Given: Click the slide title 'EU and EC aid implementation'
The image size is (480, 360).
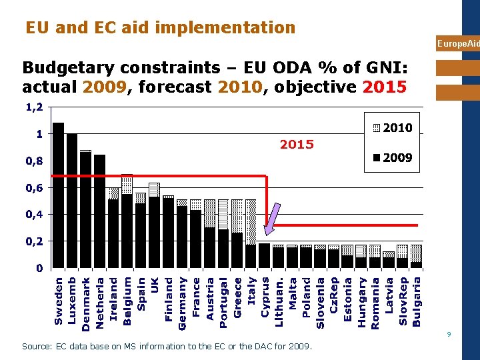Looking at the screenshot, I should [x=160, y=27].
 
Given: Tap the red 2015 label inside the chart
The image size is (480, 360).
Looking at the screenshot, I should [x=297, y=145].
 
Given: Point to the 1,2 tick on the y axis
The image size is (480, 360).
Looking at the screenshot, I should [x=34, y=107].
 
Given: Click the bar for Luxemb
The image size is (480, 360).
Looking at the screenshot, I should [x=72, y=200].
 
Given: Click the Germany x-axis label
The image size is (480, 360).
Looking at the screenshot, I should [x=182, y=303].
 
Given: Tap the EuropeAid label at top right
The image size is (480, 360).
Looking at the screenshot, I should [x=458, y=44].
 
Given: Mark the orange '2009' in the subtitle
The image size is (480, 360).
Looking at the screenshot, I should [x=101, y=87].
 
